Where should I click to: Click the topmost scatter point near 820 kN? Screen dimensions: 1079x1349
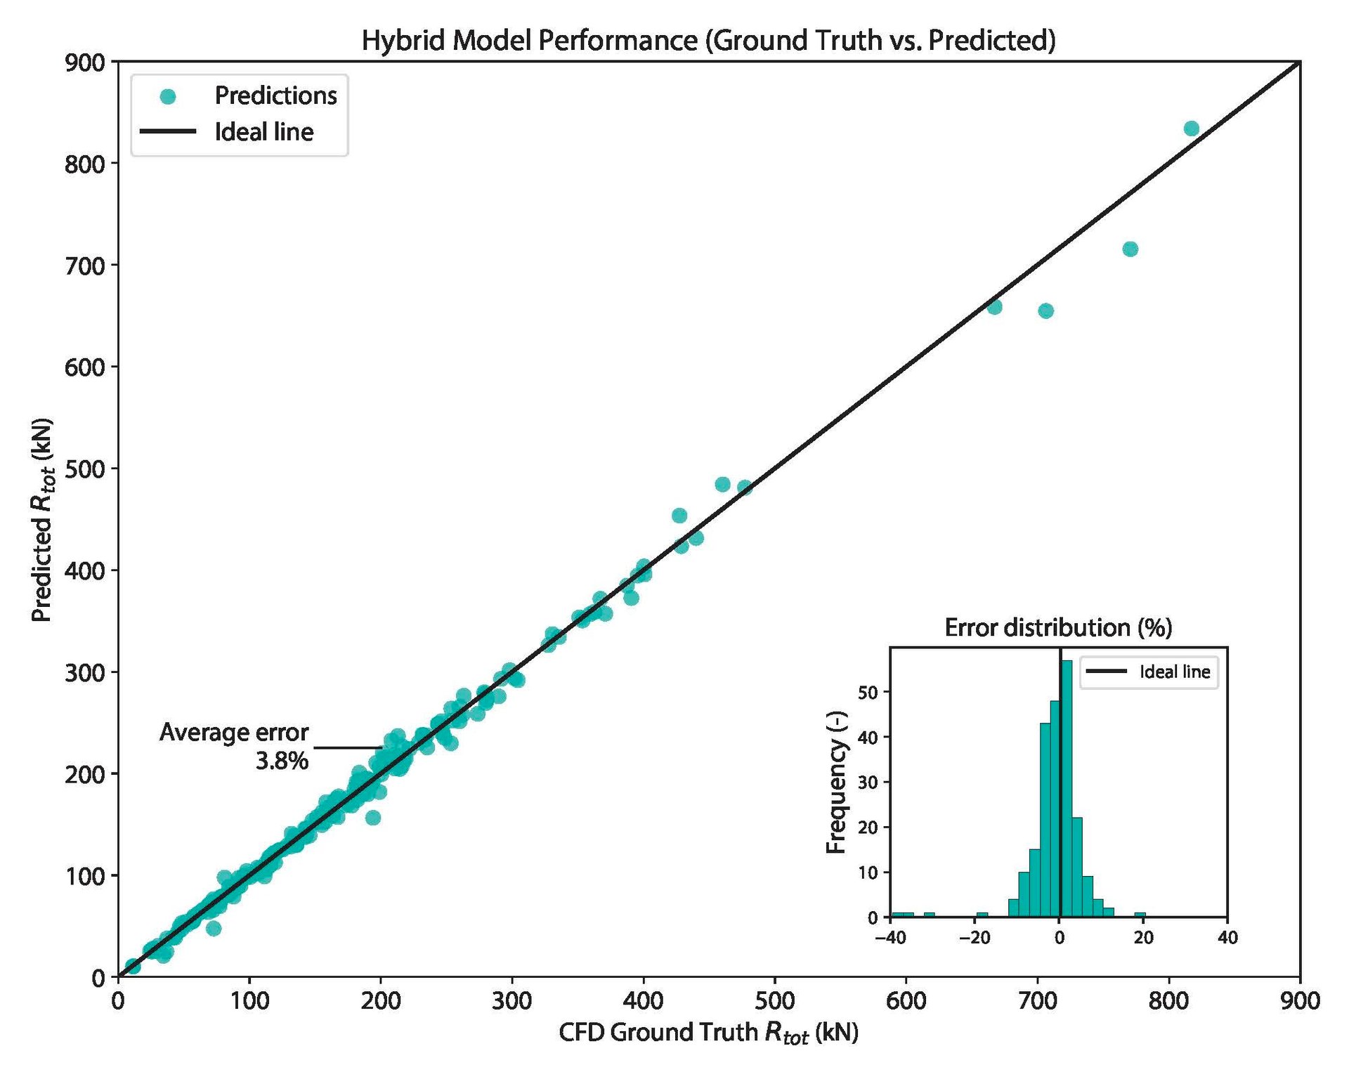pos(1191,129)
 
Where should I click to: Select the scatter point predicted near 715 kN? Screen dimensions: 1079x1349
pos(1130,249)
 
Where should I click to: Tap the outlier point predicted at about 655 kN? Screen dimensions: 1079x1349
pos(1045,311)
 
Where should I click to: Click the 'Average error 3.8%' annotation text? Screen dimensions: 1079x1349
pos(234,746)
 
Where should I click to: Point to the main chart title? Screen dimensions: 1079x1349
pos(708,40)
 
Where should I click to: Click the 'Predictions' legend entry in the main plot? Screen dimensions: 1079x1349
pos(275,96)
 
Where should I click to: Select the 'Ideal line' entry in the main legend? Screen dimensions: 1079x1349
pos(263,132)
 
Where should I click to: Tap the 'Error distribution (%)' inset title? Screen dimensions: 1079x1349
pos(1058,627)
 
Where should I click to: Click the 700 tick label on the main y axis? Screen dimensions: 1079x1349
pos(84,266)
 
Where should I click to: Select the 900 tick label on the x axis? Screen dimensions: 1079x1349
pos(1299,1001)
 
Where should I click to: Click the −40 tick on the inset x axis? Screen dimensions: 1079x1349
pos(890,938)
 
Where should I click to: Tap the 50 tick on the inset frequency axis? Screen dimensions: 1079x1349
pos(868,693)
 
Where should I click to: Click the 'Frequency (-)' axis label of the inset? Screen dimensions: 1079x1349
pos(836,783)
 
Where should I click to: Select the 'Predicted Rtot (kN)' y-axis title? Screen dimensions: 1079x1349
pos(43,520)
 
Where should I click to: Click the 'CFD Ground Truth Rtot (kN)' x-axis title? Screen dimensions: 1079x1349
pos(708,1033)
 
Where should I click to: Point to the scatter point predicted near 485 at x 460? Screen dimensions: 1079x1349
pos(722,484)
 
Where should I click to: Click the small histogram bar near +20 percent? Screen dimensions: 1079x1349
pos(1140,915)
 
